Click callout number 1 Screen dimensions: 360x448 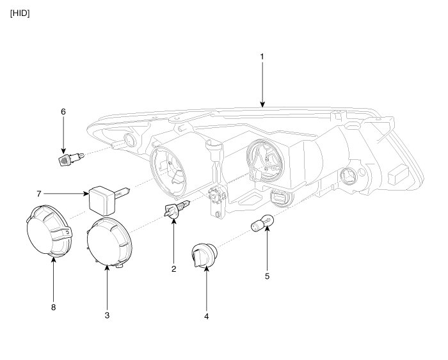[262, 57]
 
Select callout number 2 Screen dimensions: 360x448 [173, 269]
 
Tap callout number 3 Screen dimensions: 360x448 [107, 315]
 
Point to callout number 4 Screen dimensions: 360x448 [207, 315]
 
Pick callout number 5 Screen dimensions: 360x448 [267, 276]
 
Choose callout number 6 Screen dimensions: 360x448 [63, 111]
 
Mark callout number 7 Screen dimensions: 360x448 [39, 192]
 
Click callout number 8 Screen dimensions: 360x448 [53, 307]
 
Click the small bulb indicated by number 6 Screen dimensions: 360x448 [65, 157]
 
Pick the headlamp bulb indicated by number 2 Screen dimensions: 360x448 [176, 209]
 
